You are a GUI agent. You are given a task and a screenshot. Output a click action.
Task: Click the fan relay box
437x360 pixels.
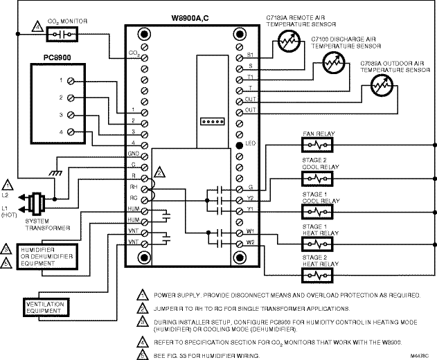point(319,145)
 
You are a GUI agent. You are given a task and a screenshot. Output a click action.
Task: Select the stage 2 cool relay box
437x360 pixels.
point(319,177)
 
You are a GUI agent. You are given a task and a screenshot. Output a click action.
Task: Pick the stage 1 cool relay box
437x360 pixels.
point(319,208)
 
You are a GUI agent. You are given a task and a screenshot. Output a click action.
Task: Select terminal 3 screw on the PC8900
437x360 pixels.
point(71,115)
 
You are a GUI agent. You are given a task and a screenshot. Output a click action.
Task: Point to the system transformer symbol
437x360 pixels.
point(38,201)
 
